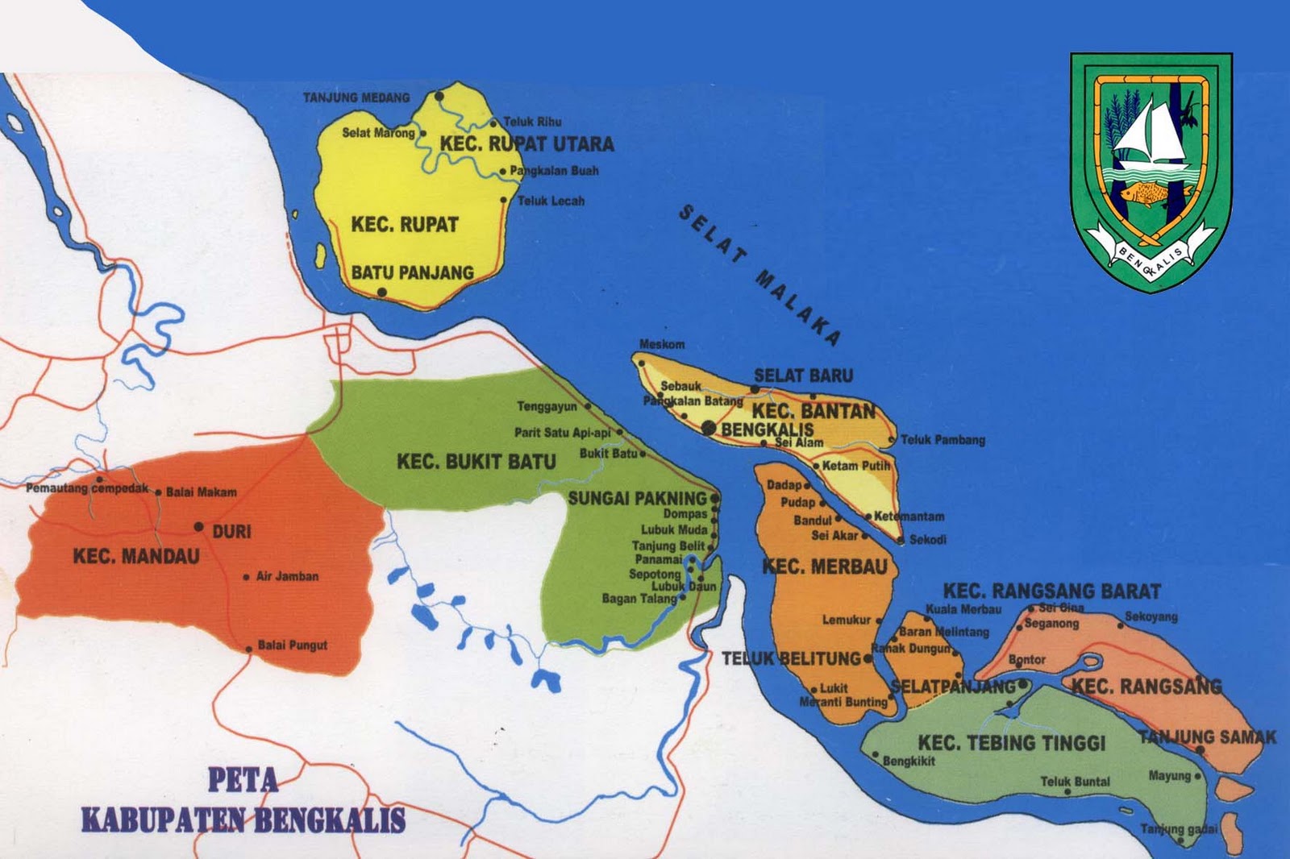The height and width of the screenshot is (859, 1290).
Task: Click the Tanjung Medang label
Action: tap(356, 98)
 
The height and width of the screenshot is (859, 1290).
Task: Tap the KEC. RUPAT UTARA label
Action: tap(526, 144)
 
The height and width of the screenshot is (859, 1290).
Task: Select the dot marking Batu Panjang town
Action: tap(381, 293)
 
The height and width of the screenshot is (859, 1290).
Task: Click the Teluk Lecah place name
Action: tap(551, 201)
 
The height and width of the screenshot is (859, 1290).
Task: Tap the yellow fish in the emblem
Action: tap(1143, 193)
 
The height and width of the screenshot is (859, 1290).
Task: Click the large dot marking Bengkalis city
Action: tap(708, 428)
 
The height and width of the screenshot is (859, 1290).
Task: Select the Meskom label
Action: tap(662, 344)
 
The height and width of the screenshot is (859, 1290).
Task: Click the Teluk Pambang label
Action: tap(943, 440)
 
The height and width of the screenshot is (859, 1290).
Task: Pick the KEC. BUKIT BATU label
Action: tap(476, 462)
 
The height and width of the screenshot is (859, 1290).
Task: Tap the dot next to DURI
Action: tap(198, 527)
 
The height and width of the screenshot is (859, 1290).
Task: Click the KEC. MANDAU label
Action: tap(135, 556)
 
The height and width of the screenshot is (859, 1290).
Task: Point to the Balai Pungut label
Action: tap(292, 645)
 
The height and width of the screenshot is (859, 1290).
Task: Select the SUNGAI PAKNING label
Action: tap(637, 499)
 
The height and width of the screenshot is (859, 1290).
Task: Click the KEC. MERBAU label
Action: tap(824, 567)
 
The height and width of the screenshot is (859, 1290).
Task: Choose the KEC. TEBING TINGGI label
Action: tap(1011, 743)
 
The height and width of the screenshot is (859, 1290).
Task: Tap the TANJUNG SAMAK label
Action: tap(1207, 737)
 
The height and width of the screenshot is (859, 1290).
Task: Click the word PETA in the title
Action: tap(243, 780)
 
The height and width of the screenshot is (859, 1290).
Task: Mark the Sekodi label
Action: tap(927, 540)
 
